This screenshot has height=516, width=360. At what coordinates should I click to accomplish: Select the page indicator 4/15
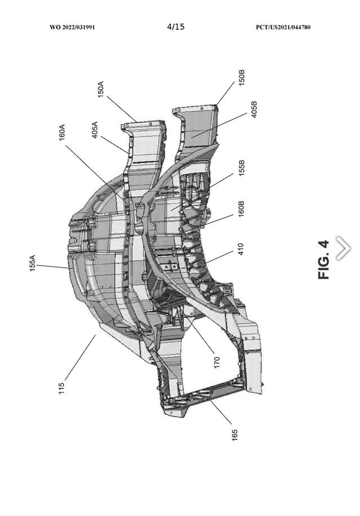point(176,26)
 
